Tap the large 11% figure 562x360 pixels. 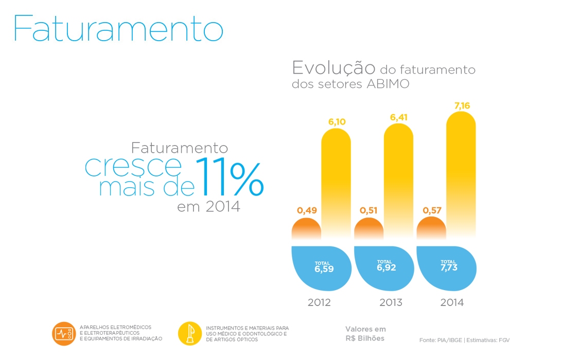pyautogui.click(x=230, y=177)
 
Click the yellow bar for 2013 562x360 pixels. pyautogui.click(x=398, y=180)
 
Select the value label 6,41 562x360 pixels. pyautogui.click(x=398, y=117)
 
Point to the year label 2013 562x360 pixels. pyautogui.click(x=391, y=302)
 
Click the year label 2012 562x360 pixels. pyautogui.click(x=319, y=302)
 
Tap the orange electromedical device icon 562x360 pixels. pyautogui.click(x=64, y=334)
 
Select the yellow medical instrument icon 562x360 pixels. pyautogui.click(x=190, y=334)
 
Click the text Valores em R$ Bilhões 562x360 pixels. pyautogui.click(x=365, y=334)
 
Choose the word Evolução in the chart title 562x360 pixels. pyautogui.click(x=333, y=68)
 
